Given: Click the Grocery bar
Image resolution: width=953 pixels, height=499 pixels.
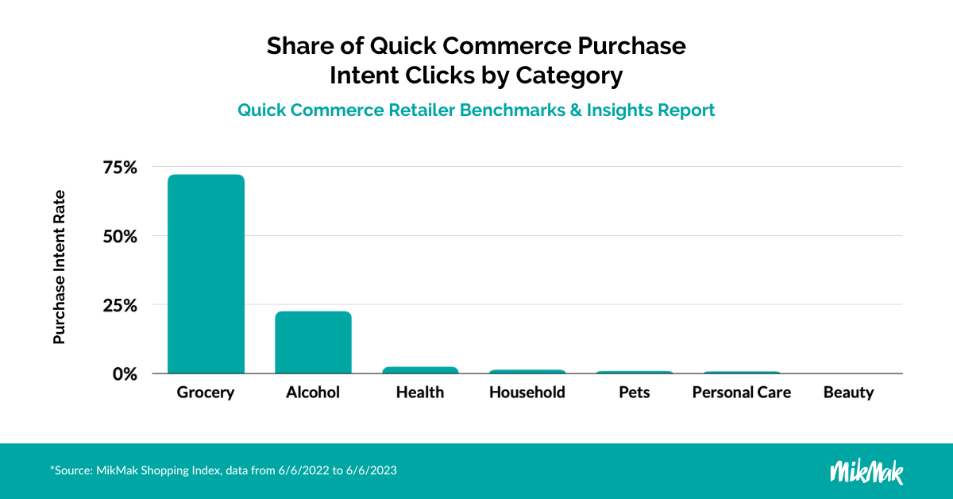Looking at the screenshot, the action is (206, 274).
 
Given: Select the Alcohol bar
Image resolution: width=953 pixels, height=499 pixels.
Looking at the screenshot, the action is (313, 342).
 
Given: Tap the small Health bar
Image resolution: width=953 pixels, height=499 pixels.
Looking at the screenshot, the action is (420, 370).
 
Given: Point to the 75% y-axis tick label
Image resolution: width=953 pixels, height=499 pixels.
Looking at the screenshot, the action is (120, 168).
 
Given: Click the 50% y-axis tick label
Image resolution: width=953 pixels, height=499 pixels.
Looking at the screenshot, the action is (120, 236).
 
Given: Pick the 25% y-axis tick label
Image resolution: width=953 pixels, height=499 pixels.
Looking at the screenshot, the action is (120, 305).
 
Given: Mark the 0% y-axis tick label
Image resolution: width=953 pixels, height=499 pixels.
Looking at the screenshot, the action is (125, 374).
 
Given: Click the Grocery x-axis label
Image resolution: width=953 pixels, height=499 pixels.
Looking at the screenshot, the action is (206, 393).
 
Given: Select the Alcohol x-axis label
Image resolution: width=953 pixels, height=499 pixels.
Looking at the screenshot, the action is (313, 393).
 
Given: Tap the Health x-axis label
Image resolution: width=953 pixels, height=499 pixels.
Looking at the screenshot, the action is (420, 393).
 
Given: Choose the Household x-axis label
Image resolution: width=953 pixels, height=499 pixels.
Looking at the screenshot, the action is (527, 393).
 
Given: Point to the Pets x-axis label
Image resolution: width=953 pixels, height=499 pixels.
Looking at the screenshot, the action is (635, 393).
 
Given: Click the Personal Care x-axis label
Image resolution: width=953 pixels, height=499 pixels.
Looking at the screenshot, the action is (742, 393).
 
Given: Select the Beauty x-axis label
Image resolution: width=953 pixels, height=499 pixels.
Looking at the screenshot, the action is (849, 393).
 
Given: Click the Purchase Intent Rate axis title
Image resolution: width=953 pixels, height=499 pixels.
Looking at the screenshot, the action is (59, 267).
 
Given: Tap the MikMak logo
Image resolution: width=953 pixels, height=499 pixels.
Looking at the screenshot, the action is (866, 471).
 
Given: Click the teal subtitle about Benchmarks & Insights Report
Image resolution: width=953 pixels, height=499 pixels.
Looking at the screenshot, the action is (476, 110).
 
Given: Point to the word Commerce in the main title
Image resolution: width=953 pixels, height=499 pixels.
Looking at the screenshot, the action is (507, 45).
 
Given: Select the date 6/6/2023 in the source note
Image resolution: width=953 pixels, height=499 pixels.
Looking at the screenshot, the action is (372, 470).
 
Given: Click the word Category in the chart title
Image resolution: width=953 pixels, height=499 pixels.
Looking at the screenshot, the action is (569, 75).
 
